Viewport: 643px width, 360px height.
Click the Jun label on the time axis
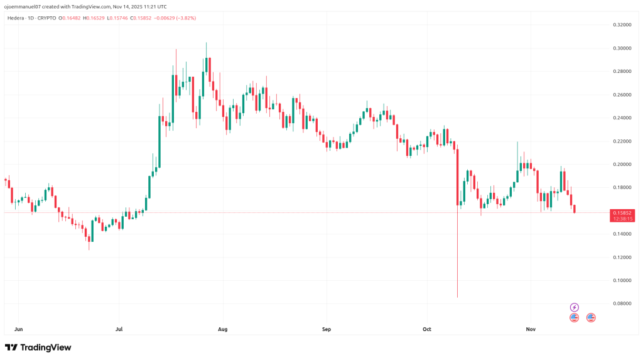coord(18,328)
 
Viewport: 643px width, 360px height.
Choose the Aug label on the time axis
coord(222,328)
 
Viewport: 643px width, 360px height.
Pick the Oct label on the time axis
coord(427,328)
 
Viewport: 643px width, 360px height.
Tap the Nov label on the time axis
coord(530,328)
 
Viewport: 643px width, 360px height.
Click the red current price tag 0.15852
coord(622,213)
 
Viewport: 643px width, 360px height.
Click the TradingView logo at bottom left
coord(38,347)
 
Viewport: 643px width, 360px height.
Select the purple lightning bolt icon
coord(574,307)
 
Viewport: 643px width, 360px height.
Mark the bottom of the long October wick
coord(457,297)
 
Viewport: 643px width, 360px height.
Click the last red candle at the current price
coord(574,209)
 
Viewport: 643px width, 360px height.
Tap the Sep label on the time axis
coord(325,328)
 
